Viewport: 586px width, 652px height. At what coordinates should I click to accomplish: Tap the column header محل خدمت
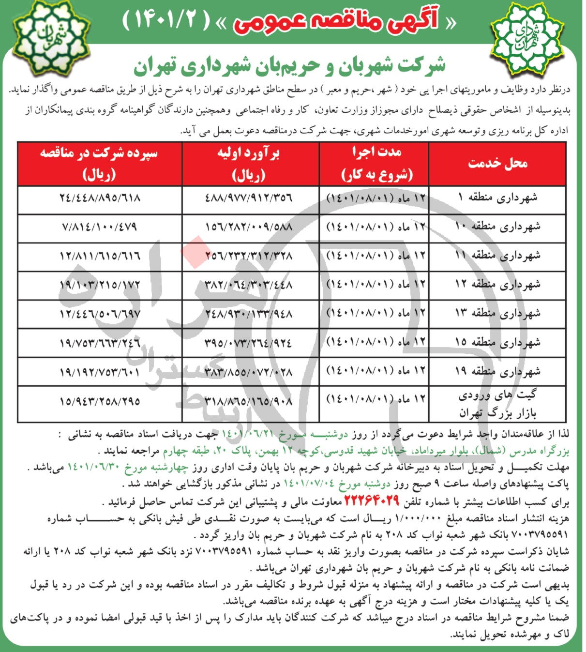coord(497,164)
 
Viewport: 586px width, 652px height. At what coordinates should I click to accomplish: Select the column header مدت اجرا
coord(374,164)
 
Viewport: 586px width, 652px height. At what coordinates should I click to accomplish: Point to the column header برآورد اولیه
coord(250,164)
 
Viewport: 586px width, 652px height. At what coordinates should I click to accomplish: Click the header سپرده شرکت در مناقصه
coord(99,164)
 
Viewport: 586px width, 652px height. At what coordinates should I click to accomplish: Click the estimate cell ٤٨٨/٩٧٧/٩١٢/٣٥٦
coord(250,198)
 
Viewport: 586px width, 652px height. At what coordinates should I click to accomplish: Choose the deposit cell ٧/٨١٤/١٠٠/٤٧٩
coord(99,227)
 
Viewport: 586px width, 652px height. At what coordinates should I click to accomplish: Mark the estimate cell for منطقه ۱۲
coord(250,285)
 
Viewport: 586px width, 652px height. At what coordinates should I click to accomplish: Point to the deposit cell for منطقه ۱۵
coord(99,343)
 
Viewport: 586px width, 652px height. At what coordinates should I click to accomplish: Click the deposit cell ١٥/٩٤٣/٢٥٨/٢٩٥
coord(99,401)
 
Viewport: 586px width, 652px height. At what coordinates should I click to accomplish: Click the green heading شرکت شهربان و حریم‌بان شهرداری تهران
coord(289,66)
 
